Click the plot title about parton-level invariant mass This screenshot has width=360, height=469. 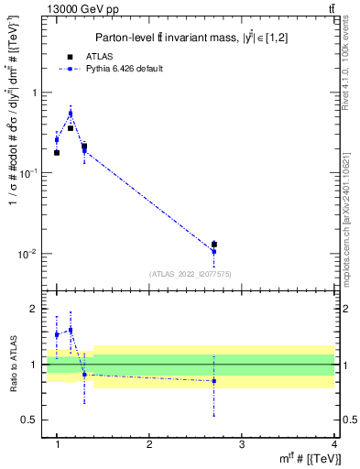[x=191, y=37]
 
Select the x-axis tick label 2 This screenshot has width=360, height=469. [x=149, y=443]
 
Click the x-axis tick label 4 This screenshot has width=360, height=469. [x=334, y=443]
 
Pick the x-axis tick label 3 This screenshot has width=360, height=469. [x=242, y=443]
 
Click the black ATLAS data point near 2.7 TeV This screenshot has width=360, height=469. [x=214, y=245]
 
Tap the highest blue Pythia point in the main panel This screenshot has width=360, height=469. [x=71, y=114]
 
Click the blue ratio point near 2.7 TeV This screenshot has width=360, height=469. [x=214, y=381]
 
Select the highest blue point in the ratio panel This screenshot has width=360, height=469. [x=71, y=330]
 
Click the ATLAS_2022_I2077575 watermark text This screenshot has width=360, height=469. [x=190, y=274]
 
